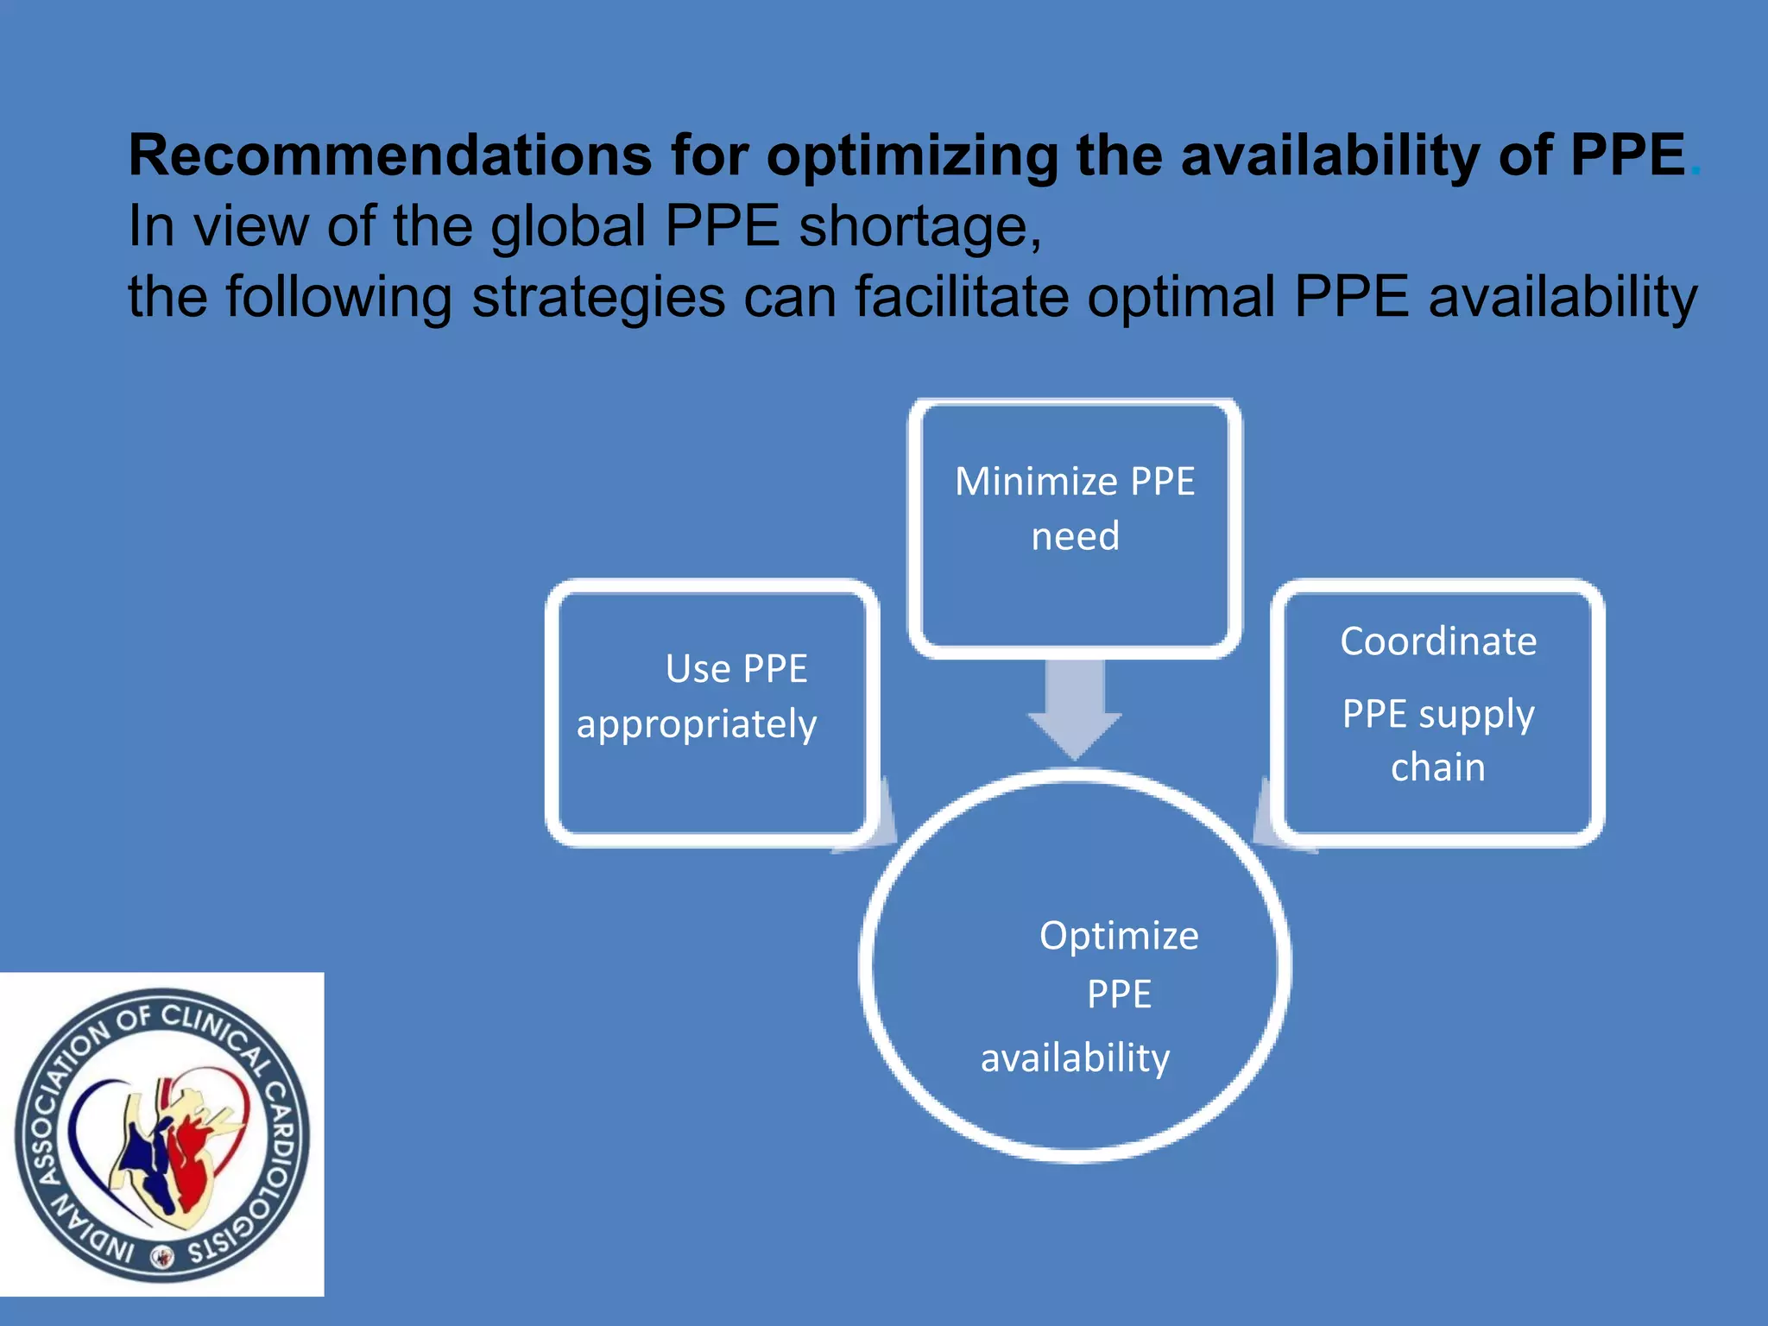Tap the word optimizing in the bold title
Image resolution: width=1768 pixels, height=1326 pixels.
click(912, 158)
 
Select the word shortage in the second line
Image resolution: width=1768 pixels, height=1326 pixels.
click(920, 226)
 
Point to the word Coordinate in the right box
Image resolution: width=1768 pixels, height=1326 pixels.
click(1438, 641)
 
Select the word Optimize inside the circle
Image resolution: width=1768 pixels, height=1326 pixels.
click(1119, 936)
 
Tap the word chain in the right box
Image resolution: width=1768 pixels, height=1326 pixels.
click(1438, 767)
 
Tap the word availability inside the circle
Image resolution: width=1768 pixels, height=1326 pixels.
click(1075, 1058)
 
